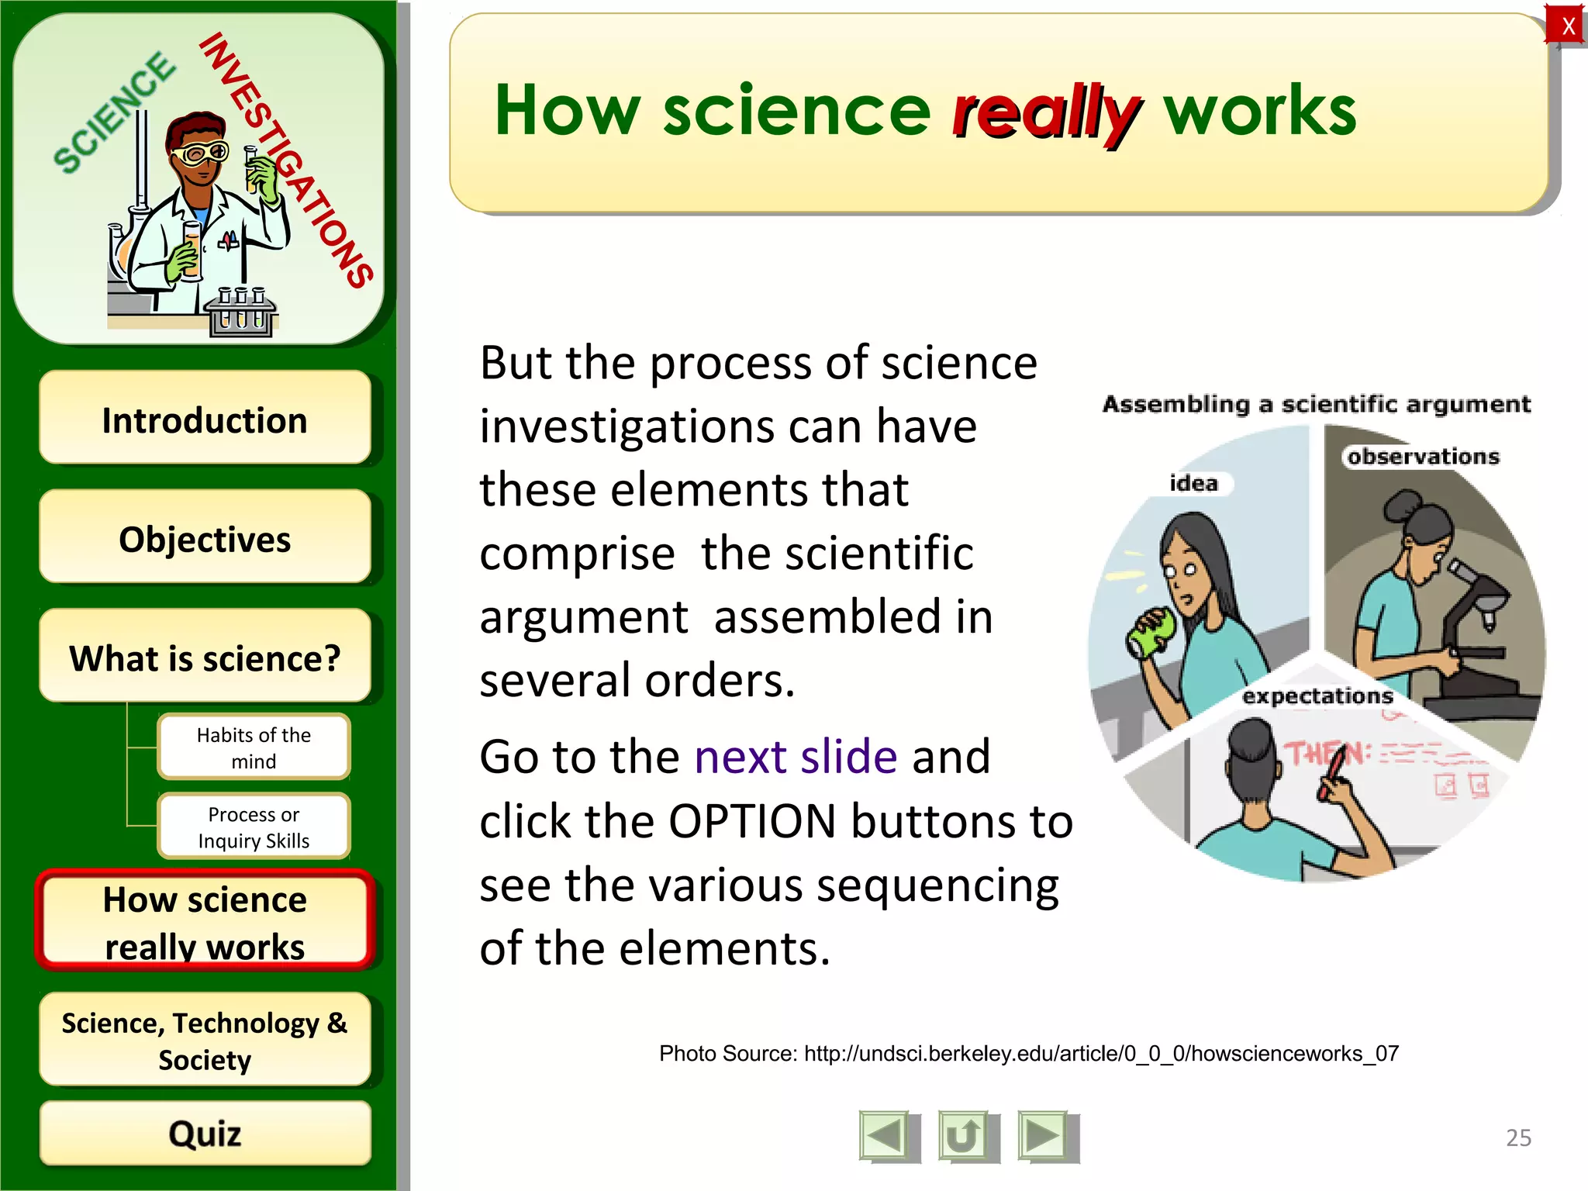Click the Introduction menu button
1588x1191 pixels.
coord(205,419)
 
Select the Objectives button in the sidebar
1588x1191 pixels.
coord(205,538)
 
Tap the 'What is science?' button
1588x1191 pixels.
coord(205,658)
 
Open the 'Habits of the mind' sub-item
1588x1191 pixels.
coord(254,747)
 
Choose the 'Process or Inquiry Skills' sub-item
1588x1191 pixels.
coord(254,827)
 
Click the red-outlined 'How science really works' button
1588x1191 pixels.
coord(205,922)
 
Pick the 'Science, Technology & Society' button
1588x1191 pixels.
coord(205,1041)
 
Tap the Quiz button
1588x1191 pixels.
coord(205,1134)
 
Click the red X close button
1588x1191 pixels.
coord(1567,26)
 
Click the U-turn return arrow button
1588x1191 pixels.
coord(964,1137)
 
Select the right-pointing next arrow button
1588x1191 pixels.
coord(1044,1137)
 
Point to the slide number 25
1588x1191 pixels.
coord(1518,1137)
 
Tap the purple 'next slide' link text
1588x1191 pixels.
coord(796,757)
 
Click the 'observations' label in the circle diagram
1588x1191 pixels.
coord(1423,457)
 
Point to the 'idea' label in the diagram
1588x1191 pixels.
coord(1193,484)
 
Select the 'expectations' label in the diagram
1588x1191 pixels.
coord(1317,696)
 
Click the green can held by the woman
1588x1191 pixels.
coord(1154,633)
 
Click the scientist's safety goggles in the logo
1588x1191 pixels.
coord(201,154)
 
